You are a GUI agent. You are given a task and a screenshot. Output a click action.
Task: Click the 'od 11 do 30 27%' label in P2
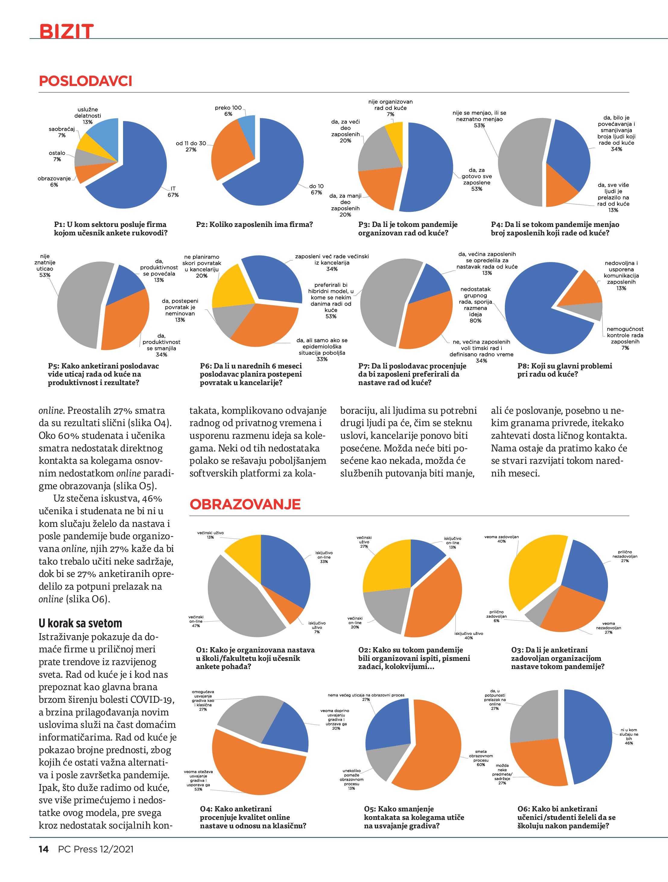tap(191, 146)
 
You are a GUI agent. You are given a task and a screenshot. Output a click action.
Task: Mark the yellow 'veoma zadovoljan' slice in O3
tap(534, 570)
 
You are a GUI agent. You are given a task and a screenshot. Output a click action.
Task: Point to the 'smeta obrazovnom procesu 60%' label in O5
tap(481, 758)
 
